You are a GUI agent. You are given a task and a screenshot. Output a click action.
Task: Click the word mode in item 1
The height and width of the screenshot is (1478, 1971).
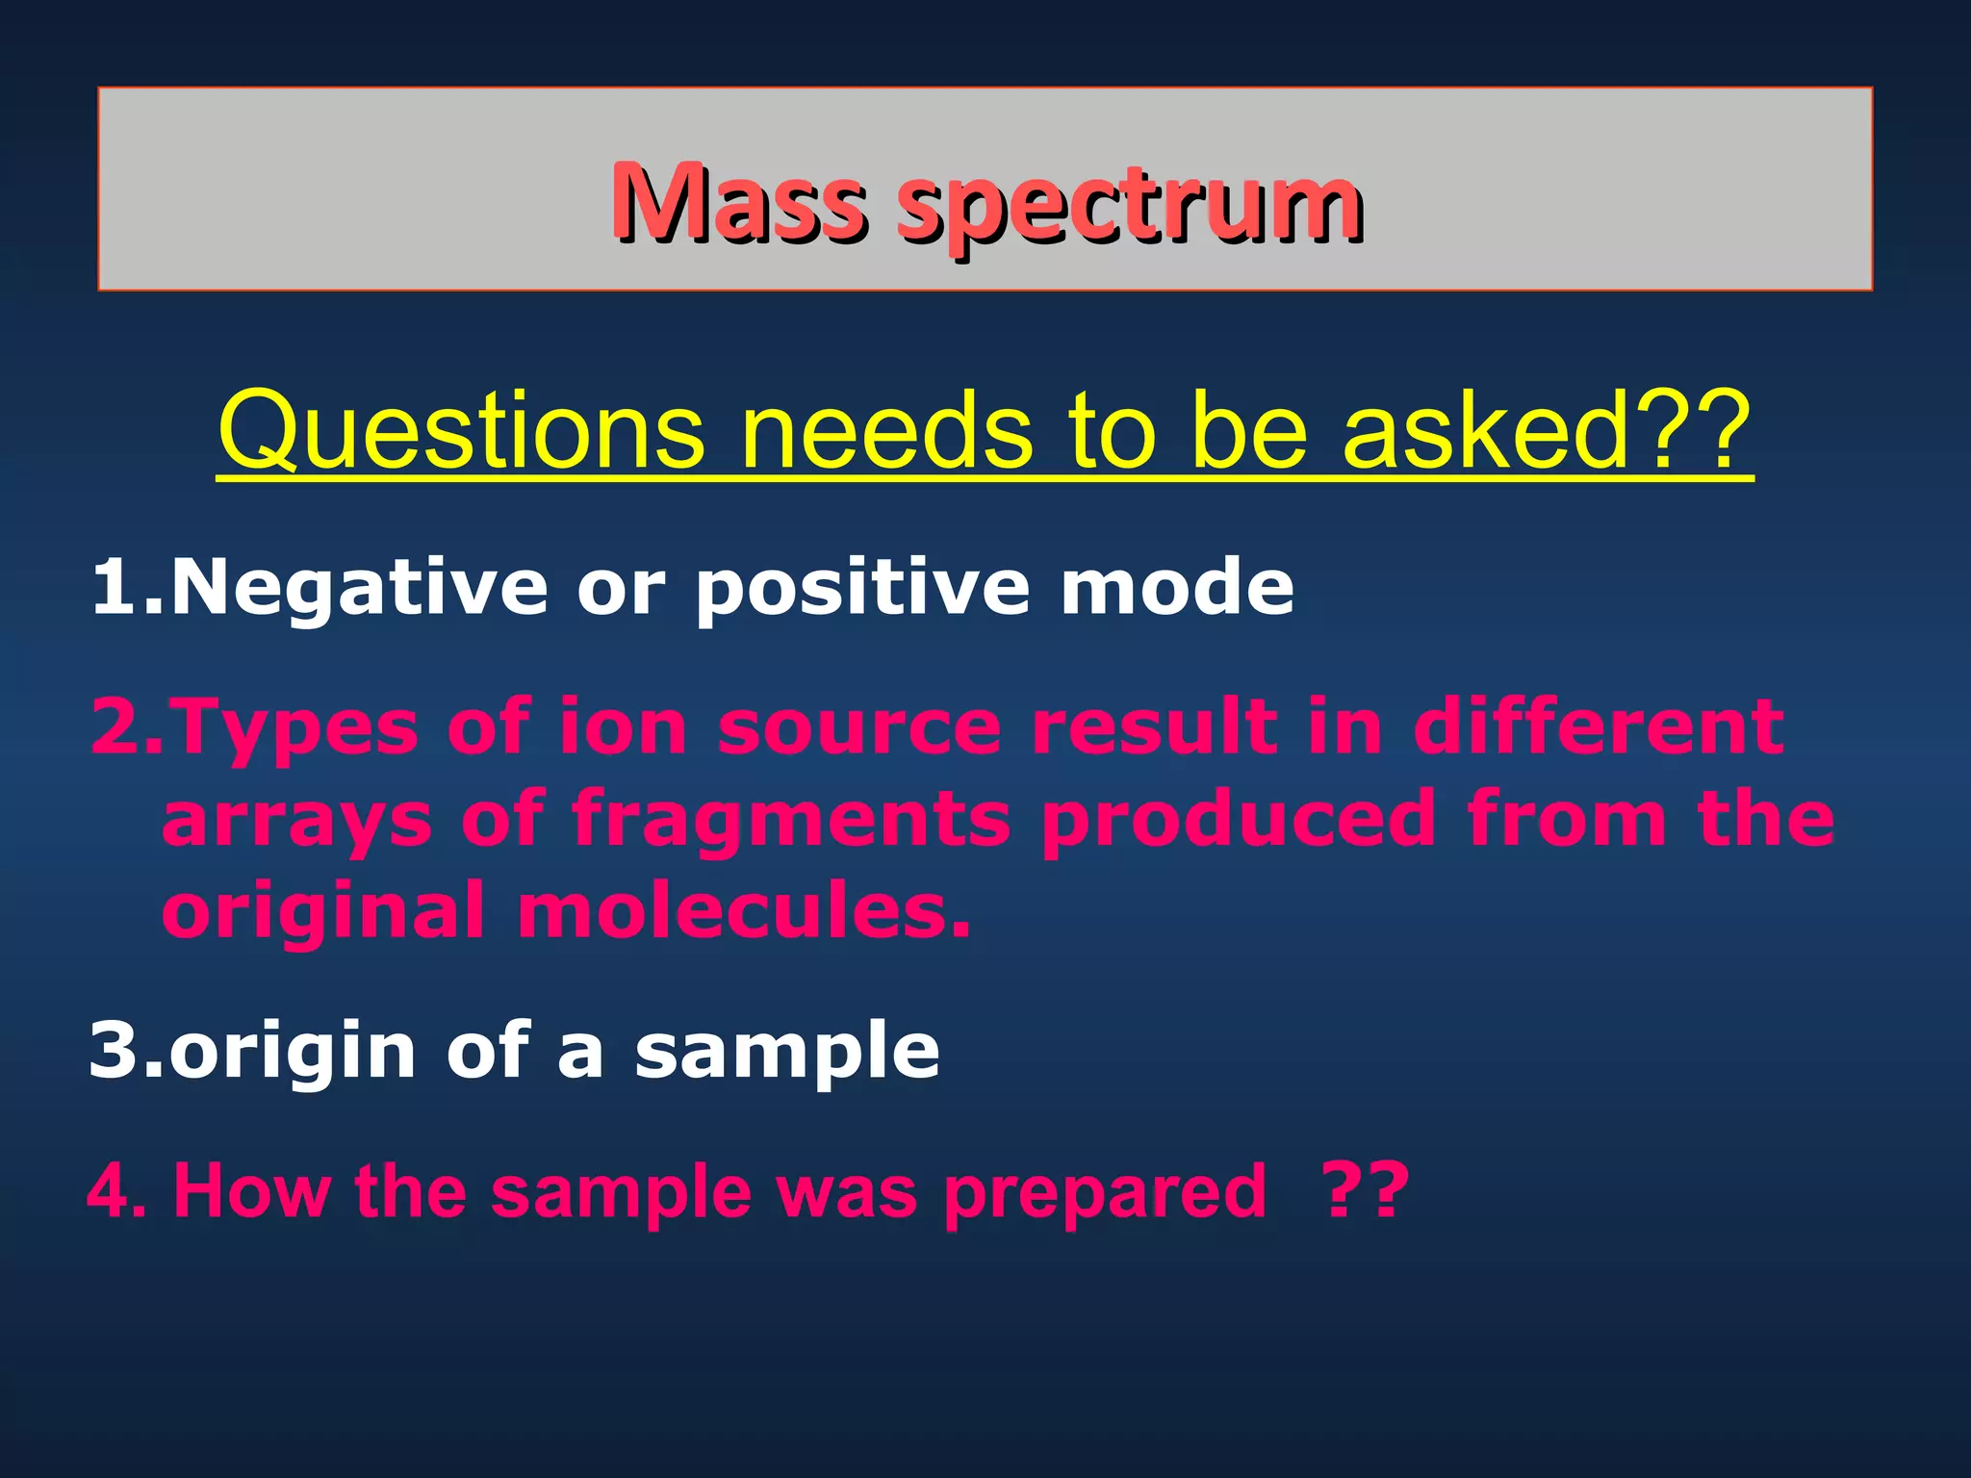[x=1176, y=588]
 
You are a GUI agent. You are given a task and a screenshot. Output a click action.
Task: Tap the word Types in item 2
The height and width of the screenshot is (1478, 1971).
[x=294, y=727]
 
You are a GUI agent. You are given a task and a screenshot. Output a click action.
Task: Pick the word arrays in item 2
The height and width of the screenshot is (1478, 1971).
[x=296, y=821]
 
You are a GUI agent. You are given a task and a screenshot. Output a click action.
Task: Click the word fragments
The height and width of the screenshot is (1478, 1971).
[x=791, y=821]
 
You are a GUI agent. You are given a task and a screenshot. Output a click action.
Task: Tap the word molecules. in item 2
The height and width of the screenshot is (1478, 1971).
[x=744, y=910]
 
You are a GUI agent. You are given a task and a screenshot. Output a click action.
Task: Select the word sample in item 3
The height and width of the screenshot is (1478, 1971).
[x=786, y=1053]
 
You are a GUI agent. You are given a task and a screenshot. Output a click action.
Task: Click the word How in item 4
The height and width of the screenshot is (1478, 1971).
[x=251, y=1191]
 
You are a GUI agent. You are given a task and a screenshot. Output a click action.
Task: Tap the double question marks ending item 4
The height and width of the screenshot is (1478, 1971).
[x=1367, y=1191]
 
